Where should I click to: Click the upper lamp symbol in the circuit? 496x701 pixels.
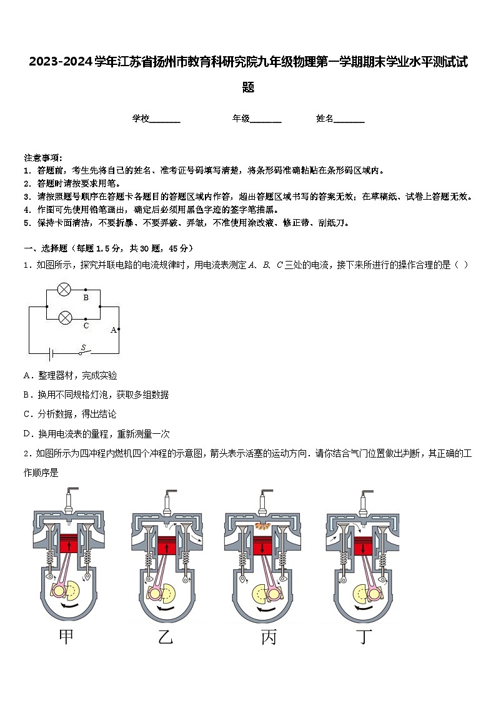pyautogui.click(x=64, y=289)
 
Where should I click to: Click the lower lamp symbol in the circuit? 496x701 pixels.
pyautogui.click(x=64, y=318)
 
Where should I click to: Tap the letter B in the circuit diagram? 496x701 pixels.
pyautogui.click(x=86, y=298)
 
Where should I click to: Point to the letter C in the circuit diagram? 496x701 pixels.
pyautogui.click(x=86, y=325)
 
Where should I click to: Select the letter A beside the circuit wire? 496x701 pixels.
pyautogui.click(x=113, y=330)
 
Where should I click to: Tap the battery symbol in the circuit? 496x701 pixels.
pyautogui.click(x=52, y=354)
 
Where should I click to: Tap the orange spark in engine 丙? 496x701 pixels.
pyautogui.click(x=264, y=527)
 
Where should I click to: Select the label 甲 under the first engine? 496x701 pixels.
pyautogui.click(x=67, y=637)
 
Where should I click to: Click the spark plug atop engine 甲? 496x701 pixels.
pyautogui.click(x=68, y=498)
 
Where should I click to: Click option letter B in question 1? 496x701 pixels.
pyautogui.click(x=27, y=395)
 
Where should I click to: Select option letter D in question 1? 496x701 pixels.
pyautogui.click(x=27, y=434)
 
